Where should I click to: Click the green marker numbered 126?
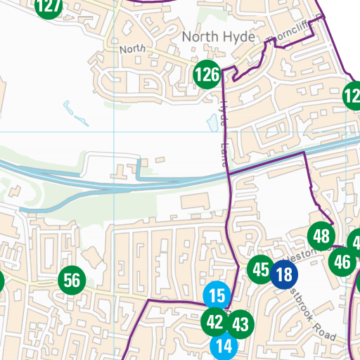click(207, 75)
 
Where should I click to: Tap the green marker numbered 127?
click(48, 6)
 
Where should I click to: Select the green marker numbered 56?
click(72, 281)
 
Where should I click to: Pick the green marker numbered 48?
click(322, 236)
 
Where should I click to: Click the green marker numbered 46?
click(342, 262)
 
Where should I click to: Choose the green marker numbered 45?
click(261, 269)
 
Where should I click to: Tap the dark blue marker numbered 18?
click(284, 274)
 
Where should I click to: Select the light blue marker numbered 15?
click(217, 296)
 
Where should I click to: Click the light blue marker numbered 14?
click(224, 345)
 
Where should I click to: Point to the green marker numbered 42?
click(214, 323)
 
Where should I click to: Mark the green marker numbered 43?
click(240, 324)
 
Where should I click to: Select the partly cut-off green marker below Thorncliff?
click(352, 96)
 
